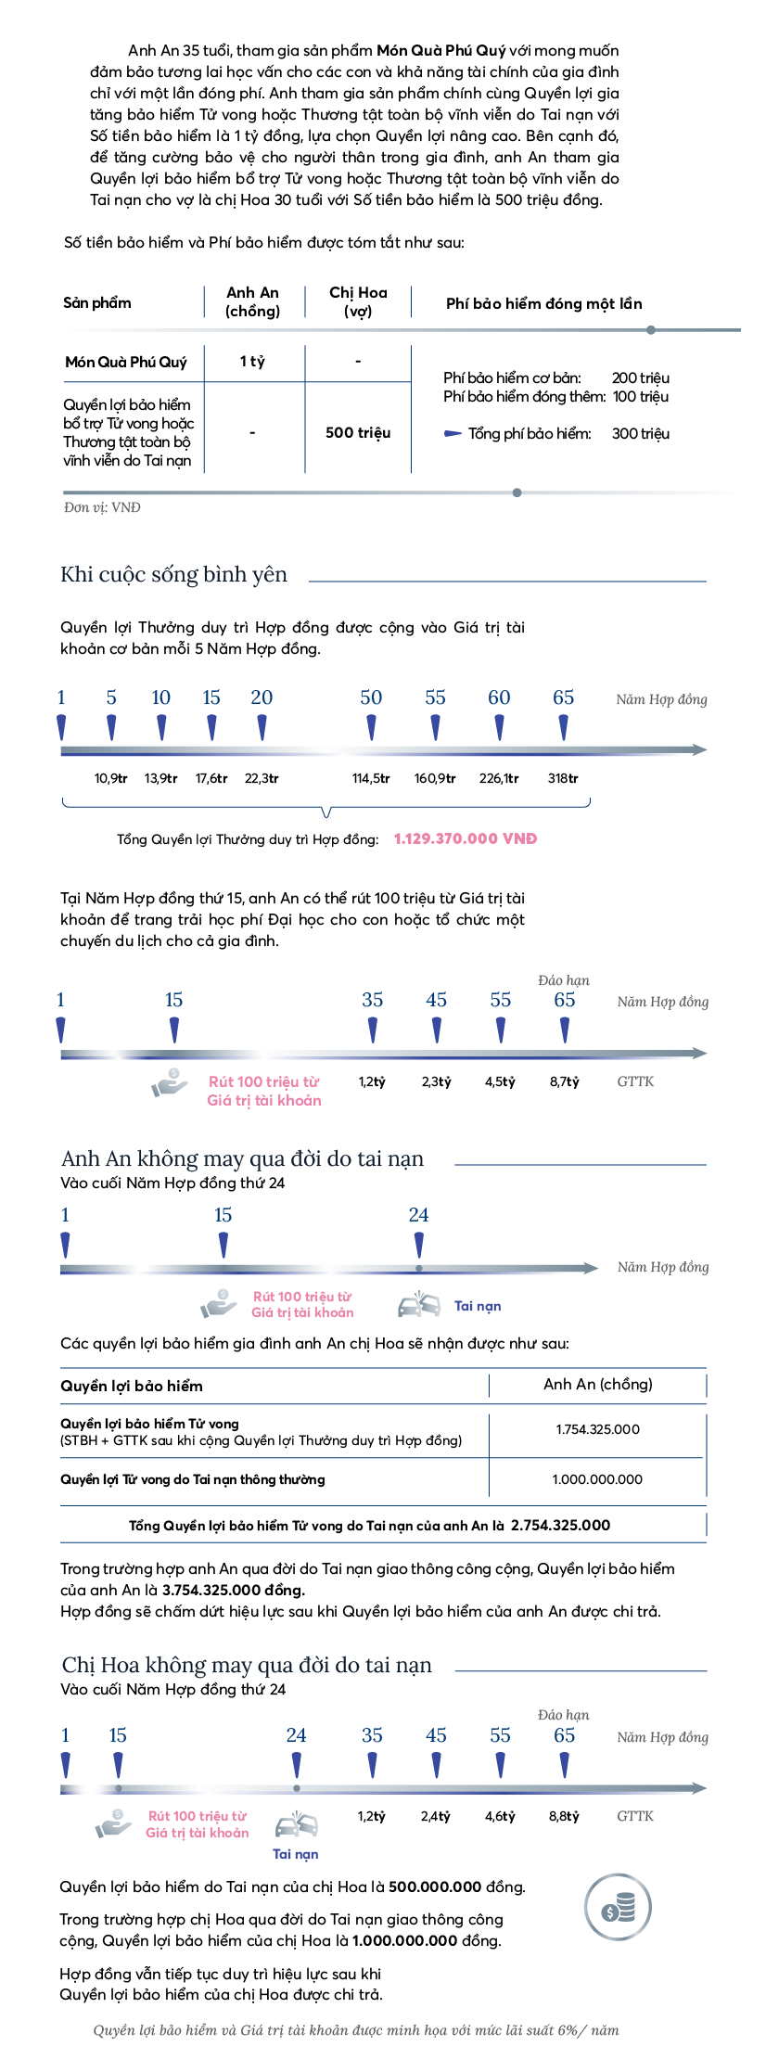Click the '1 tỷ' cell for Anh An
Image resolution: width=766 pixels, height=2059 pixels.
click(x=252, y=362)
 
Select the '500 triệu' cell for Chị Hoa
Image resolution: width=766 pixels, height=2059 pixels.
click(x=358, y=432)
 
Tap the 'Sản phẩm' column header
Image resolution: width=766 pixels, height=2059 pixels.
click(x=97, y=302)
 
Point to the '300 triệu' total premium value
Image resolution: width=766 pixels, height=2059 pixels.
click(x=640, y=433)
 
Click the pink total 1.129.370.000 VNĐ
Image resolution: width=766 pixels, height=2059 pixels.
click(x=466, y=838)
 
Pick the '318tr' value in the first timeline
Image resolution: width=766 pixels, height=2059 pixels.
click(x=562, y=778)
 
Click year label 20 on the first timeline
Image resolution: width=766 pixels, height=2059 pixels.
click(x=262, y=697)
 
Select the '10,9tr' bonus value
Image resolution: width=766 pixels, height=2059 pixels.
click(x=110, y=778)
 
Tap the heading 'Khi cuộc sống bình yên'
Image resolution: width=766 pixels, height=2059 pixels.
click(x=173, y=575)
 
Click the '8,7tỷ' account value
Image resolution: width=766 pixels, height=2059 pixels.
click(x=564, y=1081)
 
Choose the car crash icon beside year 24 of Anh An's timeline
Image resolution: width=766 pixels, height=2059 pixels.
click(x=418, y=1304)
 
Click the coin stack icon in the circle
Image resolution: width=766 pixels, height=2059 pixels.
click(x=618, y=1909)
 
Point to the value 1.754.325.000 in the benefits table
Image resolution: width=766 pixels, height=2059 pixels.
click(x=597, y=1429)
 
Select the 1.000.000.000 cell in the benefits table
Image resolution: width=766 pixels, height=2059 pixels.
click(x=597, y=1479)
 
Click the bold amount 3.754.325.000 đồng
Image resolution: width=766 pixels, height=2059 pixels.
click(x=232, y=1590)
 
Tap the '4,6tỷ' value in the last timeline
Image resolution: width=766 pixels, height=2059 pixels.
click(x=500, y=1816)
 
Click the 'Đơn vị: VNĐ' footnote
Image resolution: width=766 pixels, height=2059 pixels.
click(x=102, y=507)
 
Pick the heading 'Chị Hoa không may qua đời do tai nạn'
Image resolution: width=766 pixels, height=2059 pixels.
click(x=247, y=1665)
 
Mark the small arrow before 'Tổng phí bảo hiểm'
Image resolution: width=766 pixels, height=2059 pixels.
click(x=453, y=433)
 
